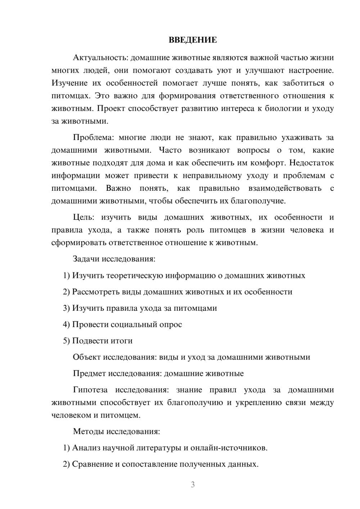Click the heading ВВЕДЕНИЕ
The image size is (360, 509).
[193, 40]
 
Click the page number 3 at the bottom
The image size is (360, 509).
[193, 485]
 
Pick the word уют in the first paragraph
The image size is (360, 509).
[224, 70]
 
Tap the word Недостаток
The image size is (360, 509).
[311, 163]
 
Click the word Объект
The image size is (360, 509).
[87, 357]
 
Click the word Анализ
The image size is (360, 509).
[86, 448]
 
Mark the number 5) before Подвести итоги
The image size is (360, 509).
[66, 341]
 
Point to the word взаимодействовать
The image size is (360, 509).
[285, 188]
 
